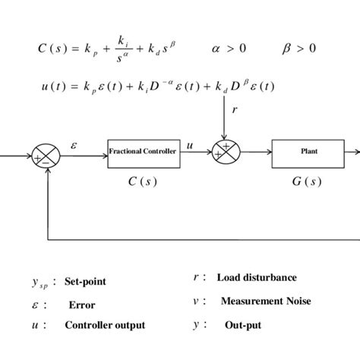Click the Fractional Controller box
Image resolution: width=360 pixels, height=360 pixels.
[143, 152]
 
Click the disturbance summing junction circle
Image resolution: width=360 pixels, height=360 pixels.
[225, 152]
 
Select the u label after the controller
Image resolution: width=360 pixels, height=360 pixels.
[190, 142]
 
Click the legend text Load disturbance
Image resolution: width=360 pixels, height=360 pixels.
[256, 277]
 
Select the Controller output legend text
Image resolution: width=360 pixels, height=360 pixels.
[105, 325]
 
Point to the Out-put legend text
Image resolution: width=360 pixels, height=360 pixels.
[242, 324]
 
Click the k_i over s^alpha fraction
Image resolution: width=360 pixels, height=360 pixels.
[121, 49]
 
